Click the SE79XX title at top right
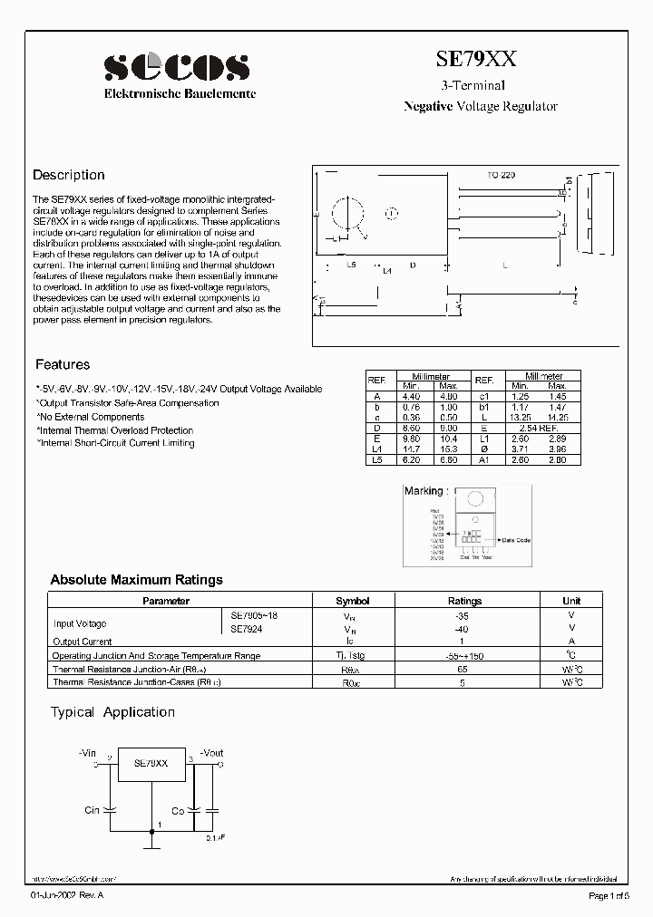(x=476, y=60)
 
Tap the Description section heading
(x=69, y=175)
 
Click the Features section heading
(x=63, y=364)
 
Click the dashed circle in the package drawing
(x=392, y=215)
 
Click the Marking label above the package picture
(x=424, y=491)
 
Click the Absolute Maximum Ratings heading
(x=136, y=579)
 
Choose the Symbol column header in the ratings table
(x=353, y=600)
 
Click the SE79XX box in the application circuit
(x=151, y=763)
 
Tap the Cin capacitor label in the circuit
(x=92, y=810)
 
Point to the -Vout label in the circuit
(x=210, y=752)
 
